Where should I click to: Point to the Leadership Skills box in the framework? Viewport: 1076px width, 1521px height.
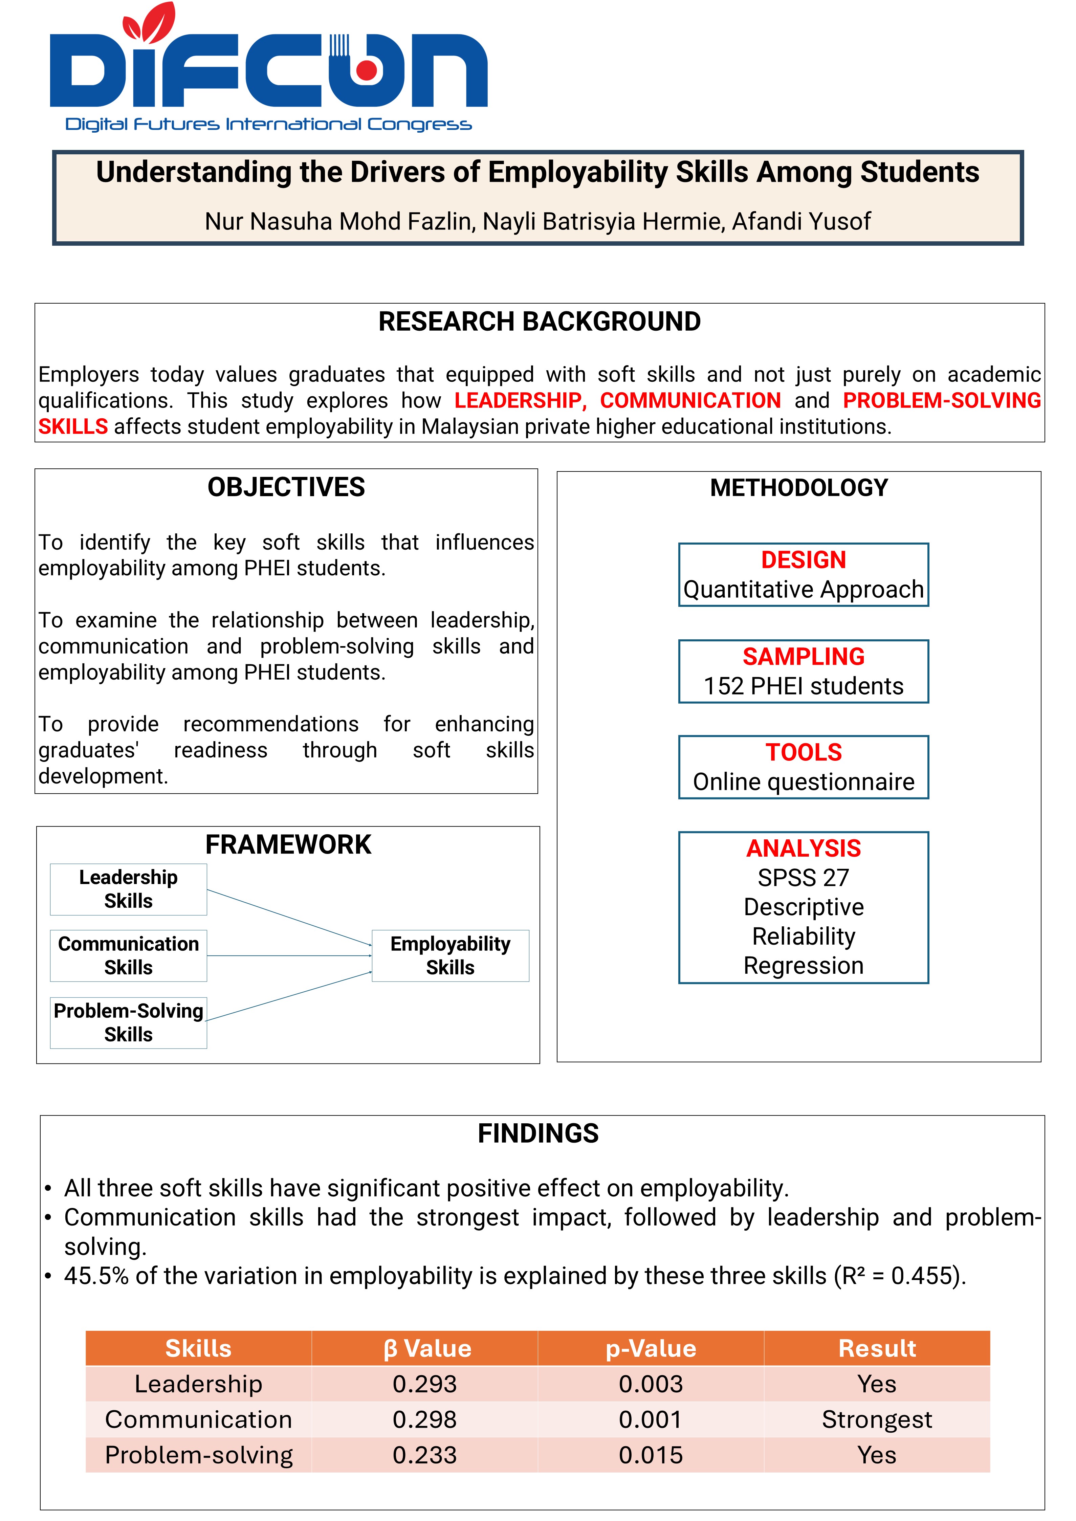point(129,889)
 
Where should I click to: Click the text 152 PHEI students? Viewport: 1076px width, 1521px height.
point(803,686)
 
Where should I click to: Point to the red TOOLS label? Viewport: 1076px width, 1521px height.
point(803,753)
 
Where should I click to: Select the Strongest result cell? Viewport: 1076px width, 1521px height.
point(877,1420)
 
